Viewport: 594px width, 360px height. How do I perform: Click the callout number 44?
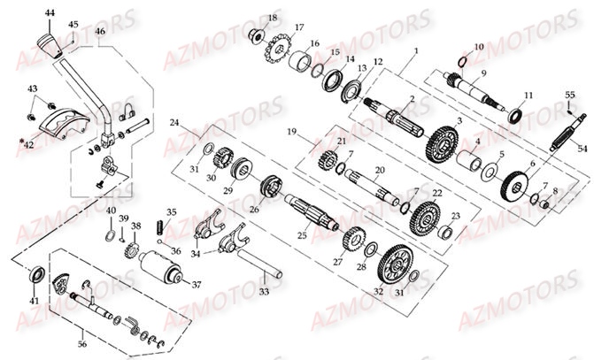pyautogui.click(x=50, y=13)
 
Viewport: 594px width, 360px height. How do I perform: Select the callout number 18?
pyautogui.click(x=272, y=18)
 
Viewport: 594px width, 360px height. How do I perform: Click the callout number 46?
pyautogui.click(x=100, y=32)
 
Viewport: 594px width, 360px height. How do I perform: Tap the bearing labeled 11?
pyautogui.click(x=513, y=114)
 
